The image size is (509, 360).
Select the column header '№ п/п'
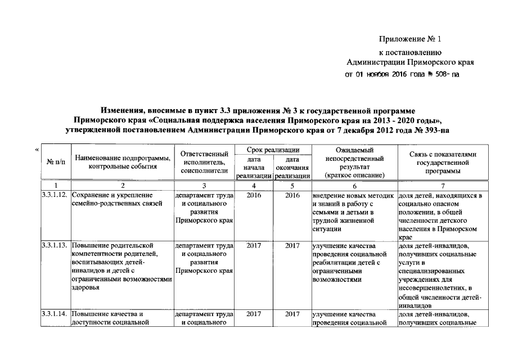coord(55,162)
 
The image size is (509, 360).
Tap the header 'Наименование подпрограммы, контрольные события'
coord(123,162)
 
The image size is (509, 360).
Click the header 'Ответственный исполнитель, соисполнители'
coord(204,162)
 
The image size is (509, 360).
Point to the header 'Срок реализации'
coord(273,150)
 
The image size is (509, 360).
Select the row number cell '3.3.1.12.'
coord(55,195)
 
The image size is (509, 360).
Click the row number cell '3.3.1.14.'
coord(55,314)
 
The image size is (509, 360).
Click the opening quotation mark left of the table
coord(37,150)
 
